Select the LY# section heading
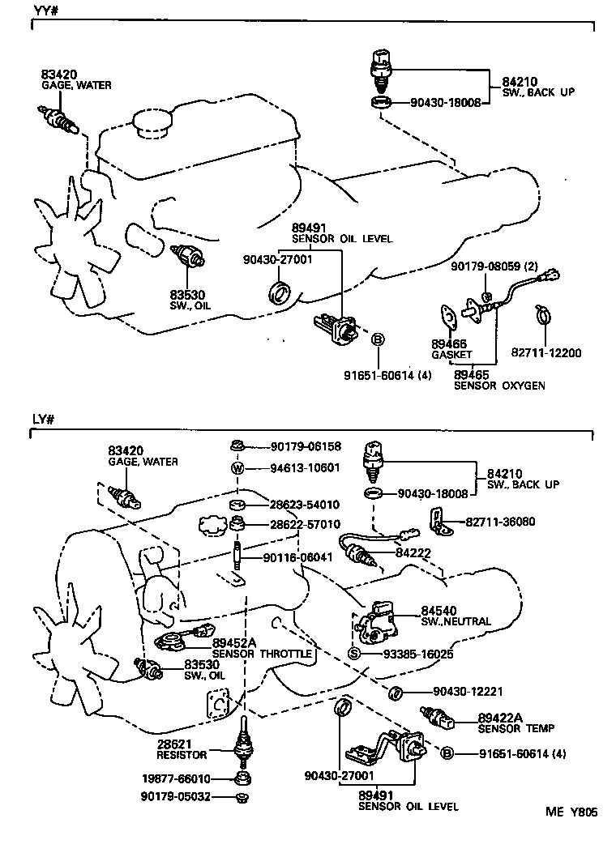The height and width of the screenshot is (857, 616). coord(43,420)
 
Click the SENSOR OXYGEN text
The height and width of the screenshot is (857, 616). coord(498,386)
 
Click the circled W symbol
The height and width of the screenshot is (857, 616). coord(238,468)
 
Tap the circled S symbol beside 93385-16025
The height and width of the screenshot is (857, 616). coord(354,654)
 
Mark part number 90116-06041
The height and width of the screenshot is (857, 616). coord(297,558)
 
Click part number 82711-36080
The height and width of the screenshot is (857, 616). coord(500,522)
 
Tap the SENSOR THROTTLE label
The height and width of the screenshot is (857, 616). coord(262,653)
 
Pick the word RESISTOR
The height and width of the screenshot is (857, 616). coord(182,755)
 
